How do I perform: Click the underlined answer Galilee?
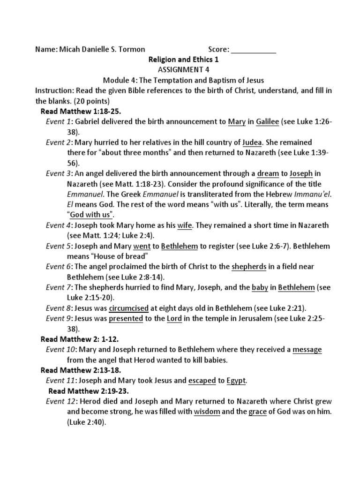coord(267,122)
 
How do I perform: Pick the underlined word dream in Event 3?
coord(265,173)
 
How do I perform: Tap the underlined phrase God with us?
coord(92,215)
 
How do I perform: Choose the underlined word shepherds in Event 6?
coord(249,266)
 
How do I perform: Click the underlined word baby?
coord(260,287)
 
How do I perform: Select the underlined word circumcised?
coord(128,308)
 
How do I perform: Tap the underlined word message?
coord(307,350)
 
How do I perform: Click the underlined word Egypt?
coord(236,381)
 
